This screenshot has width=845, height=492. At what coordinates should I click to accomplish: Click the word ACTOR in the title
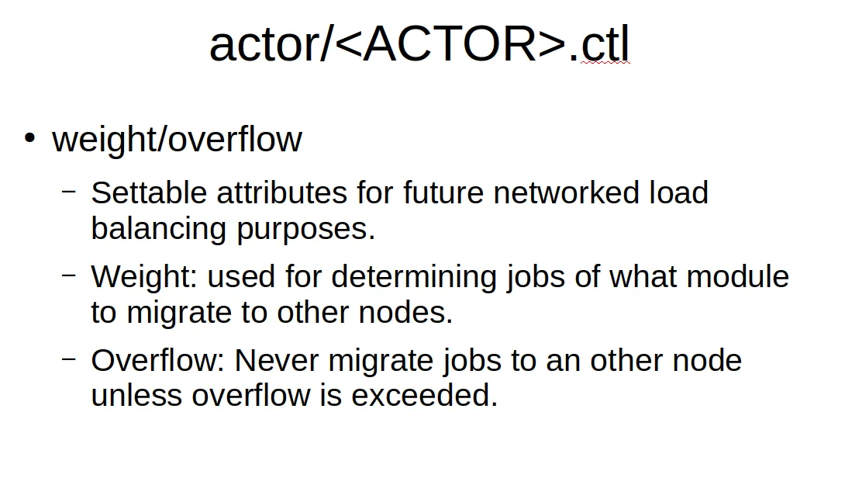coord(450,44)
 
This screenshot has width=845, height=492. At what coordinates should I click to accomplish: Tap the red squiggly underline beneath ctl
coord(605,63)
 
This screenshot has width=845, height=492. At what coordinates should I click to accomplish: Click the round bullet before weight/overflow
coord(29,137)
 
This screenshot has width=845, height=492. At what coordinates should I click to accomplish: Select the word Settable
coord(149,192)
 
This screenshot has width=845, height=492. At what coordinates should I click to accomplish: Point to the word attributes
coord(282,192)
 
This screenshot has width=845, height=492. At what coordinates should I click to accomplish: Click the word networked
coord(566,192)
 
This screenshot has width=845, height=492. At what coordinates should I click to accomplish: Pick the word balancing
coord(158,229)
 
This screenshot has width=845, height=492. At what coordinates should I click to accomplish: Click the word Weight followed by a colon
coord(144,277)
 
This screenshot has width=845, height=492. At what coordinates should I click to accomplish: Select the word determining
coord(413,278)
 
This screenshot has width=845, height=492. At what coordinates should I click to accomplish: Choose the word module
coord(738,277)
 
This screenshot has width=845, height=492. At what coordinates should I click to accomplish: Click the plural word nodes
coord(405,313)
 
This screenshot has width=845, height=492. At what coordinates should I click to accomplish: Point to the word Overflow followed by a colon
coord(158,360)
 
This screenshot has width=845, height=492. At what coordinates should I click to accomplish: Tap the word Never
coord(277,360)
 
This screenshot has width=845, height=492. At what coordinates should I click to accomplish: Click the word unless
coord(136,396)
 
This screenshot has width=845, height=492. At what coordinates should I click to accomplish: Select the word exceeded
coord(425,396)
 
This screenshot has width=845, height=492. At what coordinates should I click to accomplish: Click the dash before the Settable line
coord(69,192)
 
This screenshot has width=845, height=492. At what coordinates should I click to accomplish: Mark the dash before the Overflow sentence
coord(69,359)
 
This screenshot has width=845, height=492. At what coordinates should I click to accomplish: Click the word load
coord(678,192)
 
